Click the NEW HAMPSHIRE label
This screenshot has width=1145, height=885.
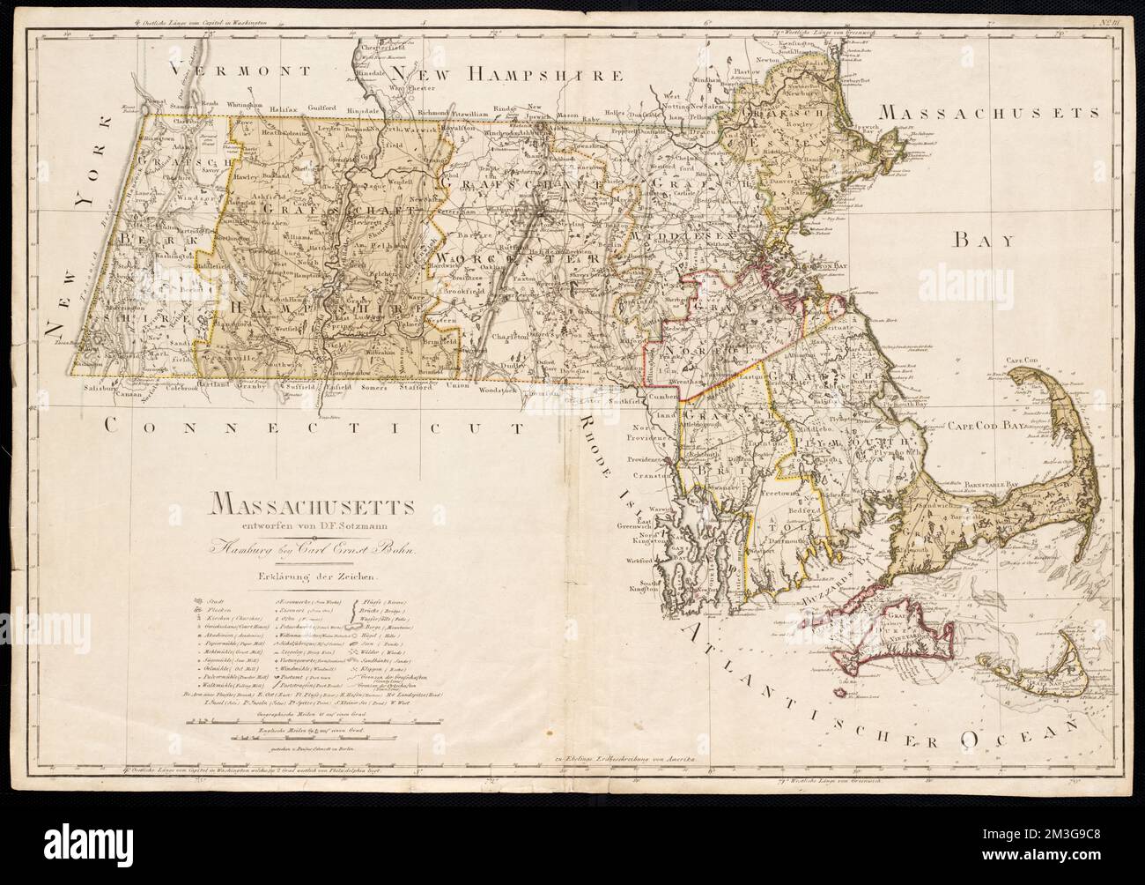(513, 73)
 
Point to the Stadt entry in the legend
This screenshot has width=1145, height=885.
(211, 599)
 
